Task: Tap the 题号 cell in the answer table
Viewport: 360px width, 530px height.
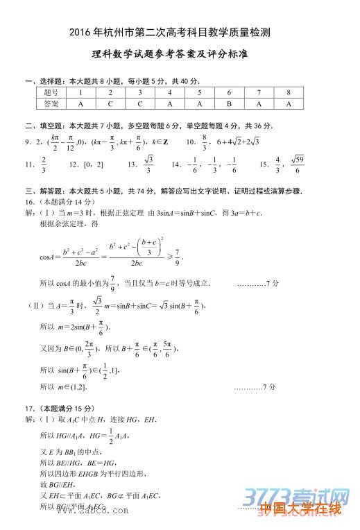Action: (51, 92)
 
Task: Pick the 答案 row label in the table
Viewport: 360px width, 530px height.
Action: (51, 104)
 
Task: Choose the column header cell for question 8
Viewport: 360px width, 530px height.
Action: (289, 92)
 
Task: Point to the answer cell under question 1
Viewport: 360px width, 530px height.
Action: (80, 104)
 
